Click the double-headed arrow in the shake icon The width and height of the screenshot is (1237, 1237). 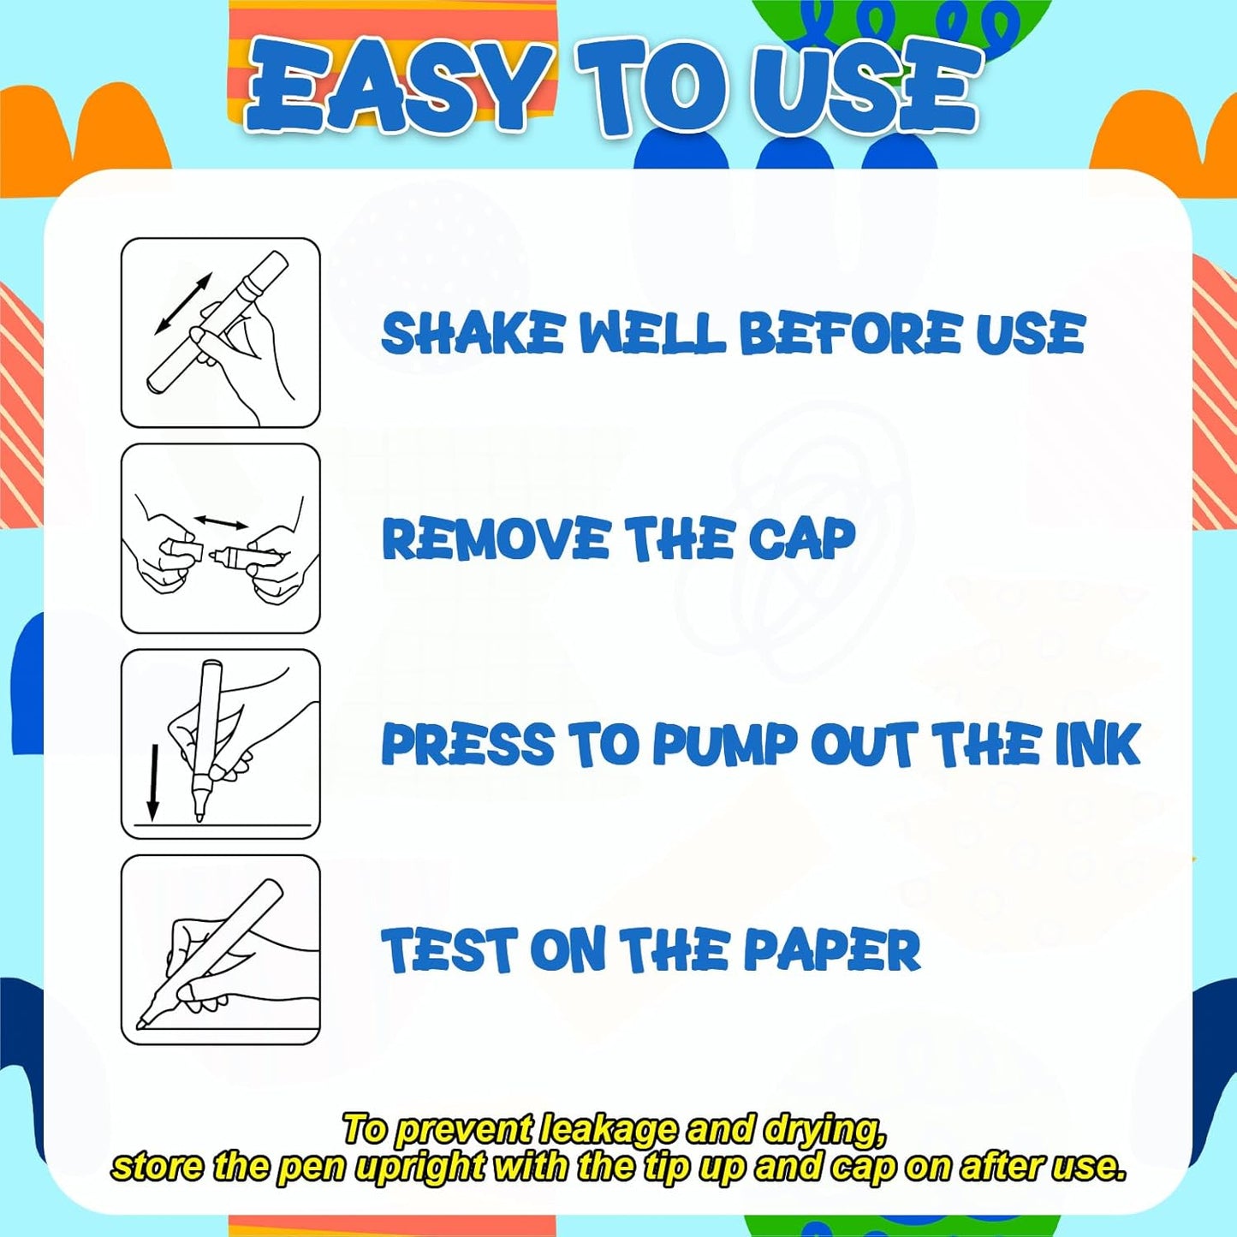[x=183, y=304]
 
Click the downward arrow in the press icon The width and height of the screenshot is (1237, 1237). [x=152, y=782]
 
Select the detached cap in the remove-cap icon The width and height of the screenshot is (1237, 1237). [x=189, y=550]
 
